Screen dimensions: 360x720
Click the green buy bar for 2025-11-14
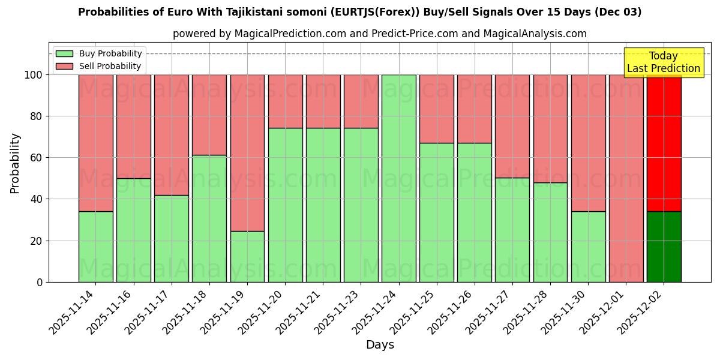pyautogui.click(x=95, y=247)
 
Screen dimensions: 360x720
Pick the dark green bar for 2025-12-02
pyautogui.click(x=664, y=247)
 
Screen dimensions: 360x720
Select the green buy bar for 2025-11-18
pyautogui.click(x=209, y=218)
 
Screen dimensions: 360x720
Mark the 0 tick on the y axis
pyautogui.click(x=40, y=282)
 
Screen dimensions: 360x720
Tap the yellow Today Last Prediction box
pyautogui.click(x=664, y=62)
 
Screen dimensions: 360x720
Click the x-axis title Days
pyautogui.click(x=380, y=345)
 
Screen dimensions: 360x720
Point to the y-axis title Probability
pyautogui.click(x=15, y=163)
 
